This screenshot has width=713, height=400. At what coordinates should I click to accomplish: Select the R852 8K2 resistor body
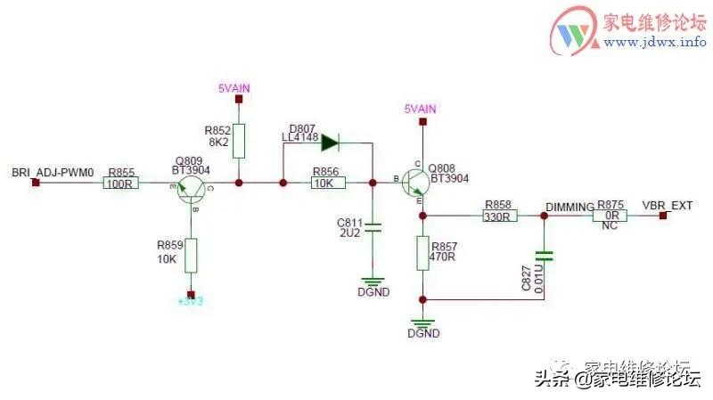(x=238, y=140)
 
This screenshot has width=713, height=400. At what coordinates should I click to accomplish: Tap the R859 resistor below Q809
(x=190, y=256)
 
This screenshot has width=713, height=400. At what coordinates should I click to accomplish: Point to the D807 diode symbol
(x=329, y=141)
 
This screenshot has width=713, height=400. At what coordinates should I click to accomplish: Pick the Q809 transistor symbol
(x=190, y=187)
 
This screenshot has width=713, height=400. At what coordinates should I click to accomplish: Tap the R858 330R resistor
(x=496, y=215)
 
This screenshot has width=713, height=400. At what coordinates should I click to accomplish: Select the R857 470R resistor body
(x=422, y=252)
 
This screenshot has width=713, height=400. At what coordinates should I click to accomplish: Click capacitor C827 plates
(x=545, y=257)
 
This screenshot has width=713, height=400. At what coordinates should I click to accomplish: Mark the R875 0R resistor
(x=611, y=215)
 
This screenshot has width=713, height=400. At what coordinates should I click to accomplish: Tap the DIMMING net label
(x=570, y=206)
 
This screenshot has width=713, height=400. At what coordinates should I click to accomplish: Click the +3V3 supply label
(x=191, y=302)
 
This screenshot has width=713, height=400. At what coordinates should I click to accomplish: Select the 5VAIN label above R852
(x=236, y=87)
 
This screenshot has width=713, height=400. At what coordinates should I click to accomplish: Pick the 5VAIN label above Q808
(x=421, y=109)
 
